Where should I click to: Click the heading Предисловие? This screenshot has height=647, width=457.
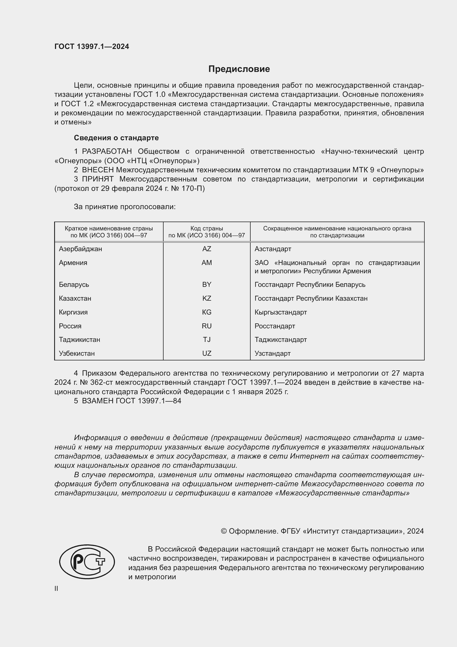coord(239,69)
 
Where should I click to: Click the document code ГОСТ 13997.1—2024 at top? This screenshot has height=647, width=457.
coord(92,47)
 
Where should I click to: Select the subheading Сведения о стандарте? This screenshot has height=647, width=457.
coord(116,138)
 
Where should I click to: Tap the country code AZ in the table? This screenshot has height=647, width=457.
coord(207,249)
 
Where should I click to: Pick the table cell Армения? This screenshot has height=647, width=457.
coord(73,263)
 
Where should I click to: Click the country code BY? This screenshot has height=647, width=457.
coord(207,284)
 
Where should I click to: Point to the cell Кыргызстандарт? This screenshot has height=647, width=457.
coord(280,312)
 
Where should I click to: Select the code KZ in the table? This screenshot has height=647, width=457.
coord(207,298)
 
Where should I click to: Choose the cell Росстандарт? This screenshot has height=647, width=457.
coord(275,326)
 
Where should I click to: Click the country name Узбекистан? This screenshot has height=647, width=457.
coord(77,353)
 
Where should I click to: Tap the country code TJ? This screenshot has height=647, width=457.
coord(207,340)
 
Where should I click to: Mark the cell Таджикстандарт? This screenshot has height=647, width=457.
coord(280,340)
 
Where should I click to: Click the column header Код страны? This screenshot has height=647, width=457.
coord(207,228)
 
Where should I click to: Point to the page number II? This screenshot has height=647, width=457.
coord(56,588)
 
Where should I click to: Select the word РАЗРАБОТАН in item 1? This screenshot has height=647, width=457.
coord(107,152)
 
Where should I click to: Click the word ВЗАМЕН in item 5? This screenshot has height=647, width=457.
coord(98,401)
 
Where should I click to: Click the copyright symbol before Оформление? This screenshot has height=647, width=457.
coord(224,531)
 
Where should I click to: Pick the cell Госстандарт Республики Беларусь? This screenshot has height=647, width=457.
coord(310,284)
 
